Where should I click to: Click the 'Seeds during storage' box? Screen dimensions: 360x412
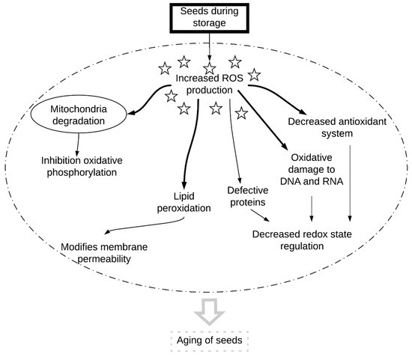[x=209, y=17]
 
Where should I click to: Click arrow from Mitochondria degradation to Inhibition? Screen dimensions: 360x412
[x=79, y=144]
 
